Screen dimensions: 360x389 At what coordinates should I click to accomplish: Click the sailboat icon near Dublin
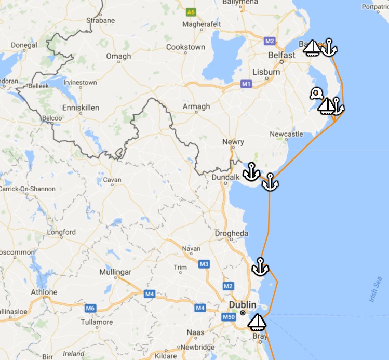[257, 322]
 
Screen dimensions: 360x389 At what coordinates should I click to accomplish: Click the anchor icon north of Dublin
[260, 266]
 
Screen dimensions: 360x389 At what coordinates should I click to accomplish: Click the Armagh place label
[196, 106]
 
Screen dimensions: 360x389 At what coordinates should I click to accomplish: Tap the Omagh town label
[118, 56]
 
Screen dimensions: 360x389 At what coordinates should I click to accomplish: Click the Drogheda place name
[232, 234]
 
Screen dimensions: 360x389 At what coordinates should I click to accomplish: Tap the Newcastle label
[286, 134]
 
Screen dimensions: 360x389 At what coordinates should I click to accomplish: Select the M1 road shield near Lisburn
[246, 83]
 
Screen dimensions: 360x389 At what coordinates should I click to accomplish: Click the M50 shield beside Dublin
[229, 317]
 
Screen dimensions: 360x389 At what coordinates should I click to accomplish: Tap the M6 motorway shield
[90, 309]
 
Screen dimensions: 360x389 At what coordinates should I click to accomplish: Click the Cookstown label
[185, 47]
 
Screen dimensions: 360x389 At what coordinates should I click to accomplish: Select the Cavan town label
[112, 180]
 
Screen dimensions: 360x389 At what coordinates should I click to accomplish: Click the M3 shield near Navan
[204, 264]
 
